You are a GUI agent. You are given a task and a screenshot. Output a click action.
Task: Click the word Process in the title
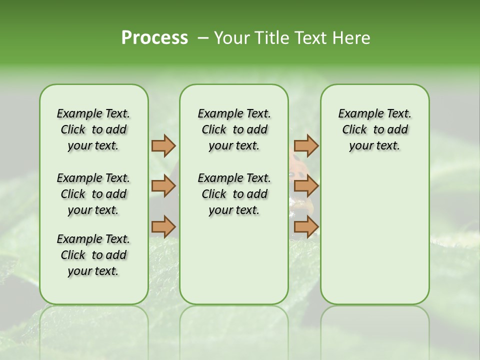pyautogui.click(x=154, y=38)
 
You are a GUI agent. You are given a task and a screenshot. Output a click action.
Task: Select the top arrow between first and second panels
pyautogui.click(x=163, y=146)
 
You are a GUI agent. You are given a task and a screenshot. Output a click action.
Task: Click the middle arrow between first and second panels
pyautogui.click(x=163, y=186)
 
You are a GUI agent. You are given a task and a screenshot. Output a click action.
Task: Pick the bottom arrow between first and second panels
pyautogui.click(x=163, y=226)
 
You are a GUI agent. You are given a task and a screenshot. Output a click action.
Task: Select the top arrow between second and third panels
pyautogui.click(x=306, y=146)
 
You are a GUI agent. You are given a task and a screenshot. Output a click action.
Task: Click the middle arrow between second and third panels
pyautogui.click(x=306, y=186)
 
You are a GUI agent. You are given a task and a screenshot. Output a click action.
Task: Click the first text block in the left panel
pyautogui.click(x=93, y=129)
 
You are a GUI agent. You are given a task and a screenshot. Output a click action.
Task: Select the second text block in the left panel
pyautogui.click(x=93, y=194)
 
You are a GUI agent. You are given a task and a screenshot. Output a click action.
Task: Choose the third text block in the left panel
pyautogui.click(x=93, y=255)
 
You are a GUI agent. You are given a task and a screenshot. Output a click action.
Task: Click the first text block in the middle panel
pyautogui.click(x=234, y=129)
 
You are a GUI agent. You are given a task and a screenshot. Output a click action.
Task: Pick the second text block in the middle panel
pyautogui.click(x=234, y=194)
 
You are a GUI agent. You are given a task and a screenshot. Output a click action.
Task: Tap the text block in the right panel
pyautogui.click(x=374, y=129)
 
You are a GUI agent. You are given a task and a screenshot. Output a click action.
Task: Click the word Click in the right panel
pyautogui.click(x=354, y=129)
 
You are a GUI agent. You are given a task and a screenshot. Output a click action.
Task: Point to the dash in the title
pyautogui.click(x=203, y=38)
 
